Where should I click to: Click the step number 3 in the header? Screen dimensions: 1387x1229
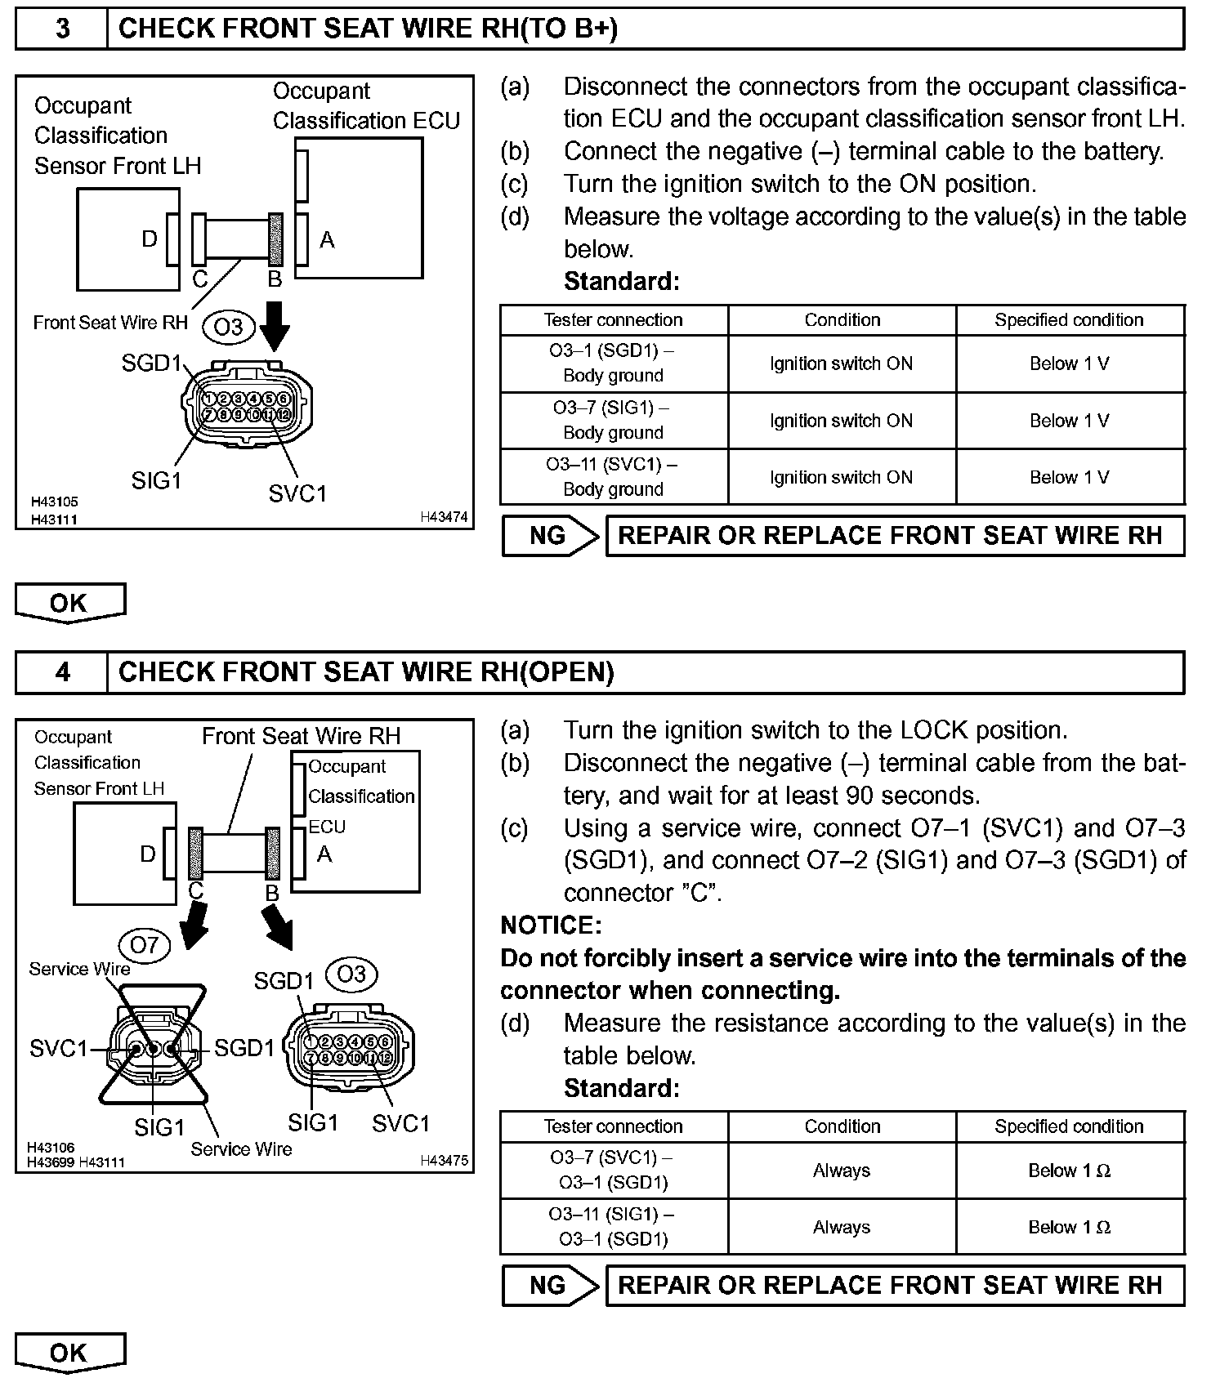tap(62, 29)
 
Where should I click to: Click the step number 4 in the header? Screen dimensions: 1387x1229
tap(62, 672)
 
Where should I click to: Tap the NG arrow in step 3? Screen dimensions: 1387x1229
tap(550, 536)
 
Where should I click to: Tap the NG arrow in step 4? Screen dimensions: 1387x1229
tap(550, 1285)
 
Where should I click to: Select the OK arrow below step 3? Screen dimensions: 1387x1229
tap(70, 603)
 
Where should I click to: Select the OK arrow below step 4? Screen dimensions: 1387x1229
tap(70, 1352)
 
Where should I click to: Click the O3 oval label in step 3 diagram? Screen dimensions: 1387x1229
tap(229, 327)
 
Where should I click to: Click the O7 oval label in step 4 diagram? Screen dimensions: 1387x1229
tap(145, 945)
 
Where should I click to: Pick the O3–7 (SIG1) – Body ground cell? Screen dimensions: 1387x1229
tap(613, 420)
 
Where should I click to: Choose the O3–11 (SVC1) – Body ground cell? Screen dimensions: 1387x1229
tap(613, 476)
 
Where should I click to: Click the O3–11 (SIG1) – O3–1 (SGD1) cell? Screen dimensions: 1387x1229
tap(613, 1226)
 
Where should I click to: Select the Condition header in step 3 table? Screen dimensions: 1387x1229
tap(842, 319)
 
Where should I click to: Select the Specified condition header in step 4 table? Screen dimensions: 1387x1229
tap(1069, 1126)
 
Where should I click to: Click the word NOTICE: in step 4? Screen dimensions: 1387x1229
tap(551, 925)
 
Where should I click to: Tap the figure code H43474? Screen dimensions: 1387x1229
tap(444, 517)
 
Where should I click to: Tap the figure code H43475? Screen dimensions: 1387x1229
tap(444, 1160)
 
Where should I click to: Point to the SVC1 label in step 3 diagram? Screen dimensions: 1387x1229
tap(297, 493)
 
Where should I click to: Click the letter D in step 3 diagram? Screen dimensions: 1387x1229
tap(149, 239)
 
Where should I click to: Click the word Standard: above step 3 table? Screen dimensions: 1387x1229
tap(621, 282)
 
